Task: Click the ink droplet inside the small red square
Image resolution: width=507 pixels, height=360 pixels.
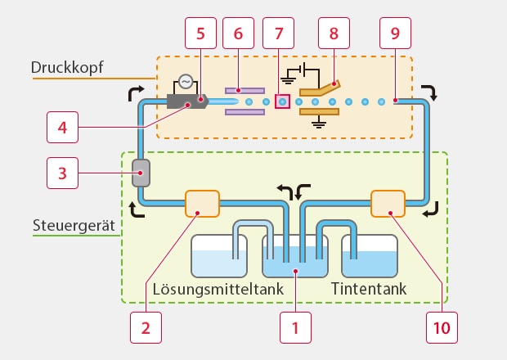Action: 282,102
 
